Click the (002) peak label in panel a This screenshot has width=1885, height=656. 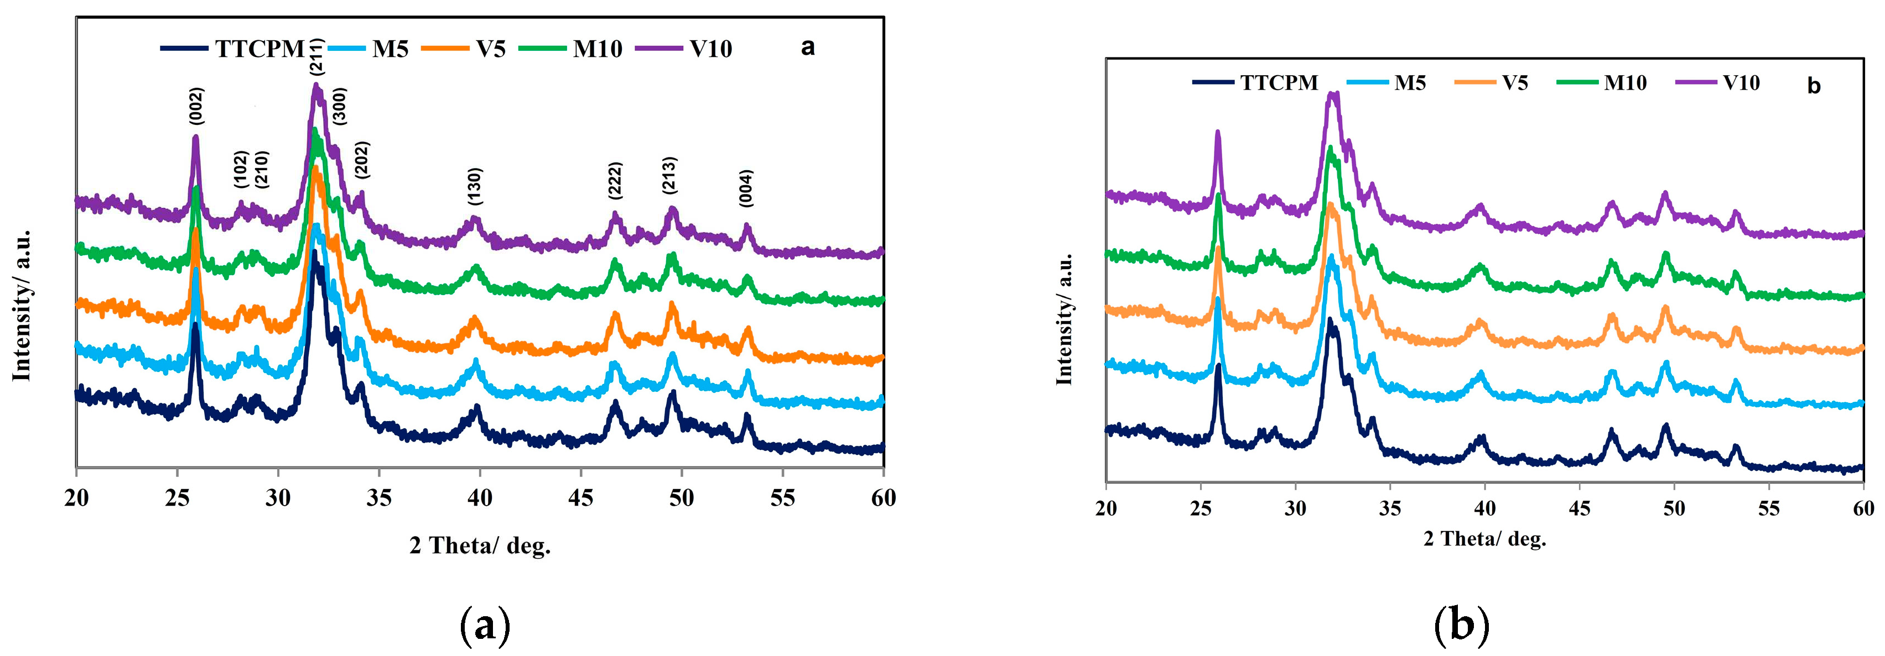pyautogui.click(x=196, y=106)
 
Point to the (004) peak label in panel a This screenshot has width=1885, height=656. pyautogui.click(x=746, y=188)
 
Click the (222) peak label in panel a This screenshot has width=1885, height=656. pyautogui.click(x=615, y=181)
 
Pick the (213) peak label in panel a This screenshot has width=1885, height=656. pyautogui.click(x=669, y=176)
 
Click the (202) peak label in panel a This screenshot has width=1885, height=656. pyautogui.click(x=361, y=159)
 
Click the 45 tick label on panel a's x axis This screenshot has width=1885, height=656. pyautogui.click(x=581, y=498)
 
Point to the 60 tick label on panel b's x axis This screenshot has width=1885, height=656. pyautogui.click(x=1863, y=508)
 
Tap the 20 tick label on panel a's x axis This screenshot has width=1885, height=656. pyautogui.click(x=76, y=498)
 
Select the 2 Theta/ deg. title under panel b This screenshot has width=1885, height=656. pyautogui.click(x=1484, y=539)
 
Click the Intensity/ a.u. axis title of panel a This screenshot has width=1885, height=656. pyautogui.click(x=22, y=305)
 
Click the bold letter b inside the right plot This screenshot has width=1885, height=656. pyautogui.click(x=1813, y=86)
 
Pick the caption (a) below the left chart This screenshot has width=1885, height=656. pyautogui.click(x=485, y=625)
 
